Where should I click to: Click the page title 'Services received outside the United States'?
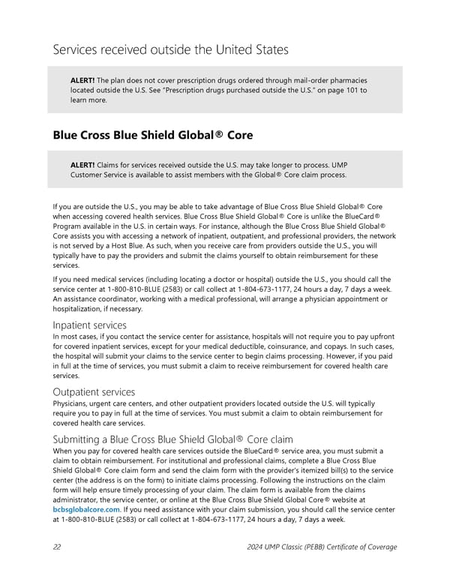(x=170, y=50)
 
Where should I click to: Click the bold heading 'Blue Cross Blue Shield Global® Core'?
(x=153, y=136)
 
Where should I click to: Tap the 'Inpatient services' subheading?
(x=89, y=325)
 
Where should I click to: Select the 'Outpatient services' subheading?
(x=94, y=391)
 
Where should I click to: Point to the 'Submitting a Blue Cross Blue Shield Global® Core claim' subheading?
(x=172, y=439)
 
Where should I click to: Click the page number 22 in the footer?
(x=57, y=547)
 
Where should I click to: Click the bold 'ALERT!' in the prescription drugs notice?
(x=82, y=79)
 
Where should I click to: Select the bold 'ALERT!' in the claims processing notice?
(x=82, y=164)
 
